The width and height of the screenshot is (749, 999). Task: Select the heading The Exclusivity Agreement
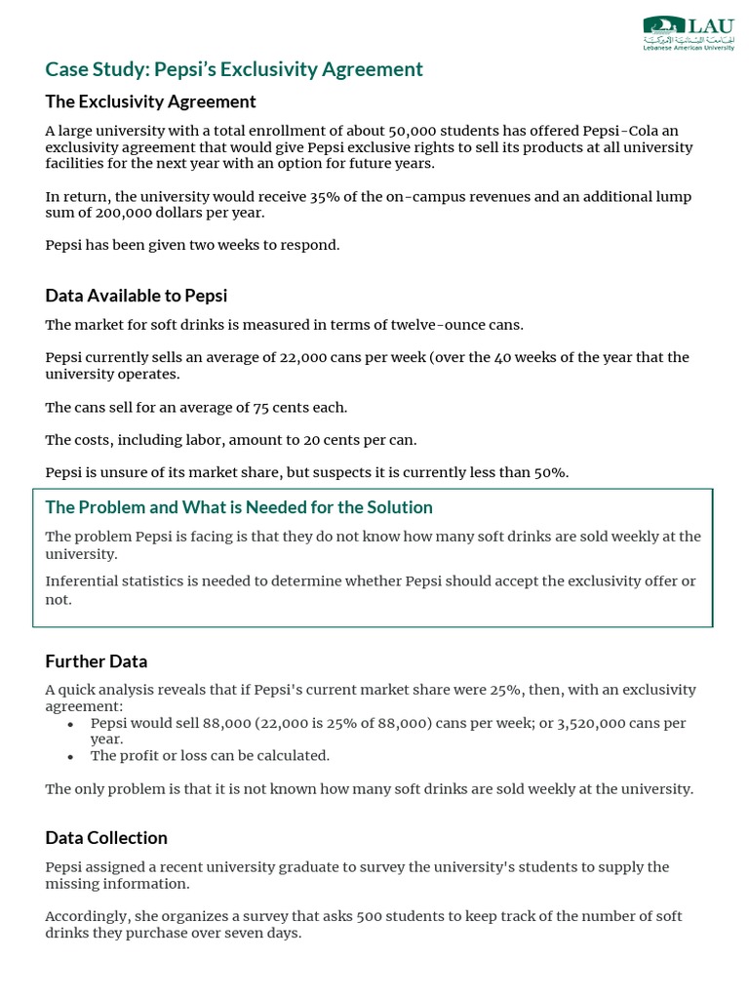coord(150,101)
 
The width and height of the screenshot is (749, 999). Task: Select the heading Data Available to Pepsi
coord(136,296)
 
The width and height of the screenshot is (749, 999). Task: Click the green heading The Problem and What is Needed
coord(239,507)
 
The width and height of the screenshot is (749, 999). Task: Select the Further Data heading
coord(96,661)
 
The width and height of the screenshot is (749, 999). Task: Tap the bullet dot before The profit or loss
coord(70,756)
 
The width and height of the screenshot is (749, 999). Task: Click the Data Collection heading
coord(106,838)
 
